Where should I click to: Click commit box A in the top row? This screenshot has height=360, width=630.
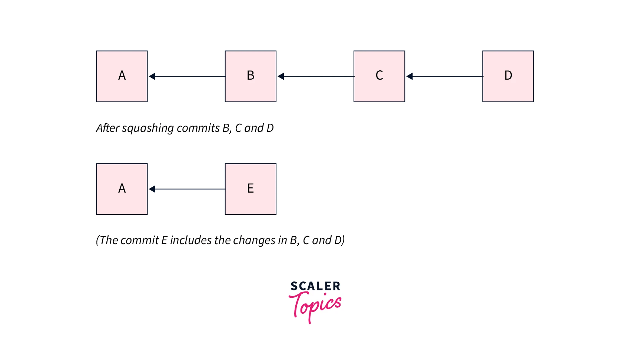point(122,76)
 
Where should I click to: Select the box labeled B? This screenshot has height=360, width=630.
point(251,76)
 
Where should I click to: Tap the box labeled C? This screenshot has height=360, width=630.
point(379,76)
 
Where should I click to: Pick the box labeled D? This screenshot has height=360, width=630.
point(508,76)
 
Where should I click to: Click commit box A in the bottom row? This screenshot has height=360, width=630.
point(122,189)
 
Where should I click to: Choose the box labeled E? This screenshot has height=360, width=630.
point(251,189)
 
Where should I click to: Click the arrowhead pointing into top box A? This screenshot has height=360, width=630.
point(152,76)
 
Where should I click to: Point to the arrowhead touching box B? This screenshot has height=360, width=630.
point(281,76)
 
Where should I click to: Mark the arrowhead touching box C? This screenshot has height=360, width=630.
point(409,76)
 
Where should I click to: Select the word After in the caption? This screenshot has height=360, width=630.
point(107,128)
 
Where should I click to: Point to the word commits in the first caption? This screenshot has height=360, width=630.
point(198,128)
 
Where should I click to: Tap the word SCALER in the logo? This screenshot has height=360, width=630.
point(315,286)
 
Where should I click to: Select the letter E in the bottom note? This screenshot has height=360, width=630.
point(164,240)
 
